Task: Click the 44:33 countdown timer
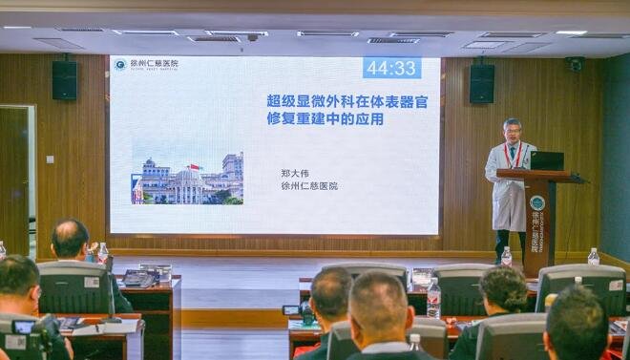(x=391, y=68)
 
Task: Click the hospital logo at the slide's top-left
(x=119, y=65)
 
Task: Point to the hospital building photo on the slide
(x=187, y=179)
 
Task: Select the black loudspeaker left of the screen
(x=64, y=80)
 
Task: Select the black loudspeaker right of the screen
(x=482, y=83)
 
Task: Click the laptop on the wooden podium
(x=547, y=160)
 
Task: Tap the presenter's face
(x=513, y=130)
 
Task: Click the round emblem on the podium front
(x=537, y=202)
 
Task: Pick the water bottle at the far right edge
(x=594, y=256)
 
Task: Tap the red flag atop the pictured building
(x=195, y=167)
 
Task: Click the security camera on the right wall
(x=573, y=65)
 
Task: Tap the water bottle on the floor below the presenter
(x=506, y=256)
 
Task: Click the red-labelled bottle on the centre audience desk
(x=433, y=298)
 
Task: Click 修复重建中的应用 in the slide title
(x=313, y=118)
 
